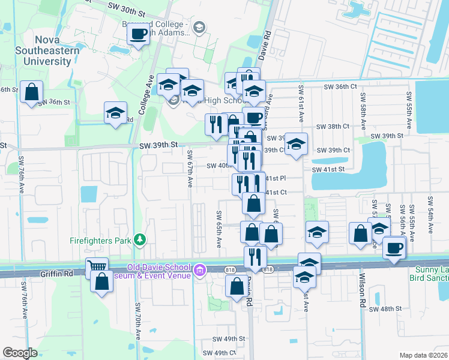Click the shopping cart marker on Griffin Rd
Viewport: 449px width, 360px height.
(x=96, y=267)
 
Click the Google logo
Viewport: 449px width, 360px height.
(x=20, y=353)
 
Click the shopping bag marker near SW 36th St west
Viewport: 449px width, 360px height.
(x=31, y=92)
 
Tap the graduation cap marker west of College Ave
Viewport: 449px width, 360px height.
(x=115, y=112)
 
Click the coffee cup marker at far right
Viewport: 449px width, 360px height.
(x=394, y=247)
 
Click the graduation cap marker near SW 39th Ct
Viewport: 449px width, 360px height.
(x=295, y=144)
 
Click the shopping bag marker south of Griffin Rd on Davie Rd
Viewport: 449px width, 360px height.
(x=236, y=286)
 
